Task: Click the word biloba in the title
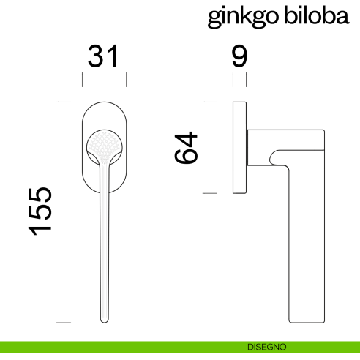[315, 16]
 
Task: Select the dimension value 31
[103, 56]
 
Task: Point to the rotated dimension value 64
[187, 148]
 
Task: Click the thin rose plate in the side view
[239, 146]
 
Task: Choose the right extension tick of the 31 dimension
[127, 79]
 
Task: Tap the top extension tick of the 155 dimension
[64, 101]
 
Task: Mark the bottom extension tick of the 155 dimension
[64, 322]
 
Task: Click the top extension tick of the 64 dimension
[210, 101]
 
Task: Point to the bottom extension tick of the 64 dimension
[210, 192]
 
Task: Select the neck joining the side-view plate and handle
[250, 147]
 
